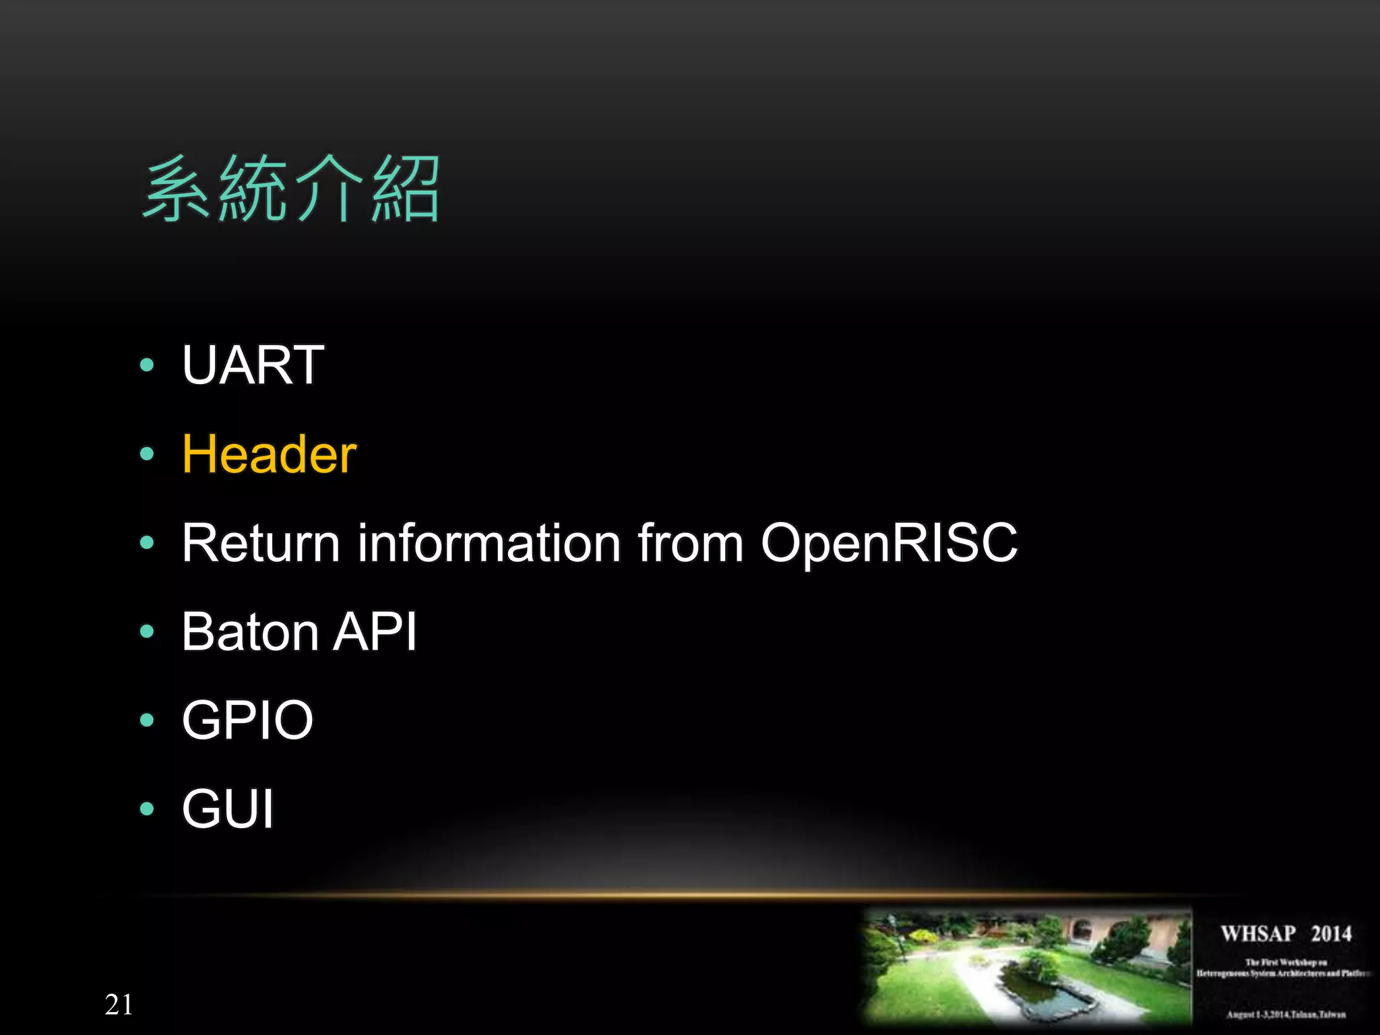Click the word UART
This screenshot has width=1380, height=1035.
pyautogui.click(x=253, y=365)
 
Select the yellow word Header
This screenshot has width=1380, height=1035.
pyautogui.click(x=269, y=454)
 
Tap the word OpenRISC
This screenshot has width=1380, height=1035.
pyautogui.click(x=889, y=542)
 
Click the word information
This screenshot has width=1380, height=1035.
pyautogui.click(x=489, y=542)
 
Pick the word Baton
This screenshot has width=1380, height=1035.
pyautogui.click(x=250, y=631)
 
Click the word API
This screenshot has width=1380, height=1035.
pyautogui.click(x=376, y=631)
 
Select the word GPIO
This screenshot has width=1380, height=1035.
pyautogui.click(x=247, y=720)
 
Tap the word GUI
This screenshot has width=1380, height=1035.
pyautogui.click(x=228, y=809)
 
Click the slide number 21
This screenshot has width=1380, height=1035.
pyautogui.click(x=119, y=1005)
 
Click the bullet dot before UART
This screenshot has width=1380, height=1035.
pyautogui.click(x=147, y=365)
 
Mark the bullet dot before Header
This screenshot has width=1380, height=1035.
pyautogui.click(x=147, y=454)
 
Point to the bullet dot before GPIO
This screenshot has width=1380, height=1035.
pyautogui.click(x=147, y=720)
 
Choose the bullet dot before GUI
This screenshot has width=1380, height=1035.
pyautogui.click(x=147, y=809)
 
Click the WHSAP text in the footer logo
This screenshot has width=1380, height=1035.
pyautogui.click(x=1258, y=934)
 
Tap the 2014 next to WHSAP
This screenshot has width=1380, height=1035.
pyautogui.click(x=1331, y=934)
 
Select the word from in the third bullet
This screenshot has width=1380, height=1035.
pyautogui.click(x=691, y=542)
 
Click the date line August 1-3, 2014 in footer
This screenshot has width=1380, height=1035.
pyautogui.click(x=1286, y=1014)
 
